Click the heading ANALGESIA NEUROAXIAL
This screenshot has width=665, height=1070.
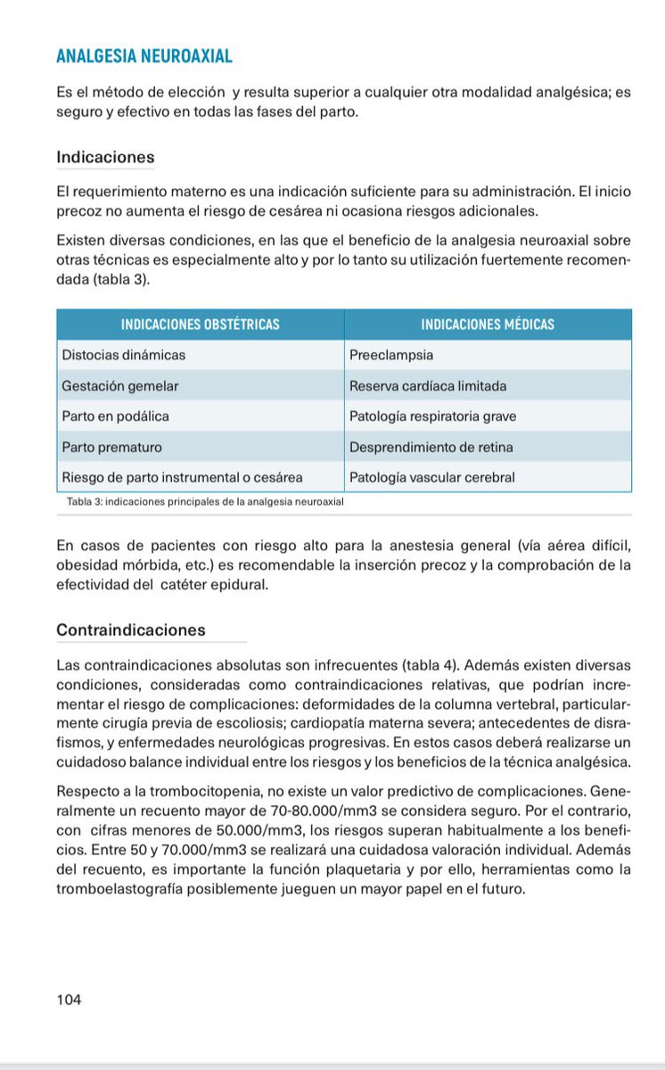click(144, 56)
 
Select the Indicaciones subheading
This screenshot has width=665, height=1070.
click(105, 157)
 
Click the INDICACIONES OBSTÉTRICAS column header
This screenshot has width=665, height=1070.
click(200, 325)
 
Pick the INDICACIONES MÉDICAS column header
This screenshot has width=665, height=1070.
click(487, 325)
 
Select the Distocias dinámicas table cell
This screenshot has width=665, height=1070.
click(124, 355)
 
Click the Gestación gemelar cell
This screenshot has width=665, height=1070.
click(120, 386)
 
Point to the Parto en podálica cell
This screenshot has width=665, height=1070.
click(115, 416)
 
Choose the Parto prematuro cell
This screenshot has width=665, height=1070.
click(111, 447)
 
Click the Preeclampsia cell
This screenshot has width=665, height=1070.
click(391, 355)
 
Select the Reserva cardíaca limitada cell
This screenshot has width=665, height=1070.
click(428, 386)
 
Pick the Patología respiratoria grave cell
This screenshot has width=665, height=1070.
click(432, 416)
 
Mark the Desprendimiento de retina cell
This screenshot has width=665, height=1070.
click(431, 447)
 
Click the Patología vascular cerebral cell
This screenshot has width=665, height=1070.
click(432, 477)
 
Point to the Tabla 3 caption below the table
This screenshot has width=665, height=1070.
click(205, 502)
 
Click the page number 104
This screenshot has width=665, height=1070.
click(69, 1000)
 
